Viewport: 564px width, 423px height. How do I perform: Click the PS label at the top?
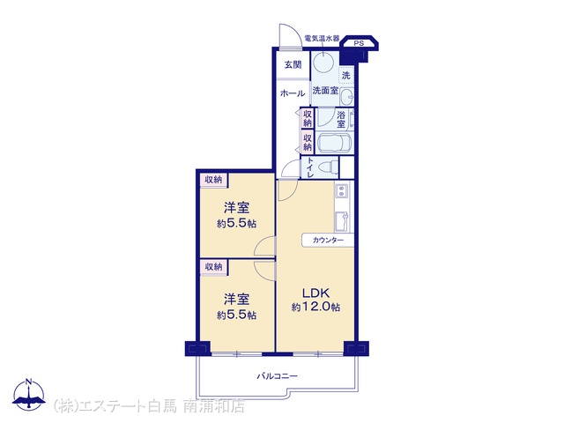pos(359,43)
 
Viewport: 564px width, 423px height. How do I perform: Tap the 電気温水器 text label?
pos(322,38)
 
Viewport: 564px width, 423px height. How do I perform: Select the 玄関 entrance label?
pos(293,65)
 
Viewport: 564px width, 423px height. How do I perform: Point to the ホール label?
pos(293,94)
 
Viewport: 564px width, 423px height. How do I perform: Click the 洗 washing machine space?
pos(346,76)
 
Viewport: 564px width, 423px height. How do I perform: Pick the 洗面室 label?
pos(325,91)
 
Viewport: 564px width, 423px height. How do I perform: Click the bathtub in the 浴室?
pos(335,143)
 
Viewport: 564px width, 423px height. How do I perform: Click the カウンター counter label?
pos(328,241)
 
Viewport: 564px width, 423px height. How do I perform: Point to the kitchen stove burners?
pos(342,191)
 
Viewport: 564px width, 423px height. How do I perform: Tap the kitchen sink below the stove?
pos(342,221)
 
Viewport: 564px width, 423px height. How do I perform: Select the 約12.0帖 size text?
pos(315,308)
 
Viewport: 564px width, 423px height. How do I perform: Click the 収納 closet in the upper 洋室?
pos(213,180)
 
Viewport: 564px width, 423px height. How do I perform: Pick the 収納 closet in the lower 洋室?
pos(213,267)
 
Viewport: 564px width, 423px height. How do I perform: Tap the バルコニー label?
pos(277,376)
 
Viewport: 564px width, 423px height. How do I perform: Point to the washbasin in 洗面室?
pos(347,96)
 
